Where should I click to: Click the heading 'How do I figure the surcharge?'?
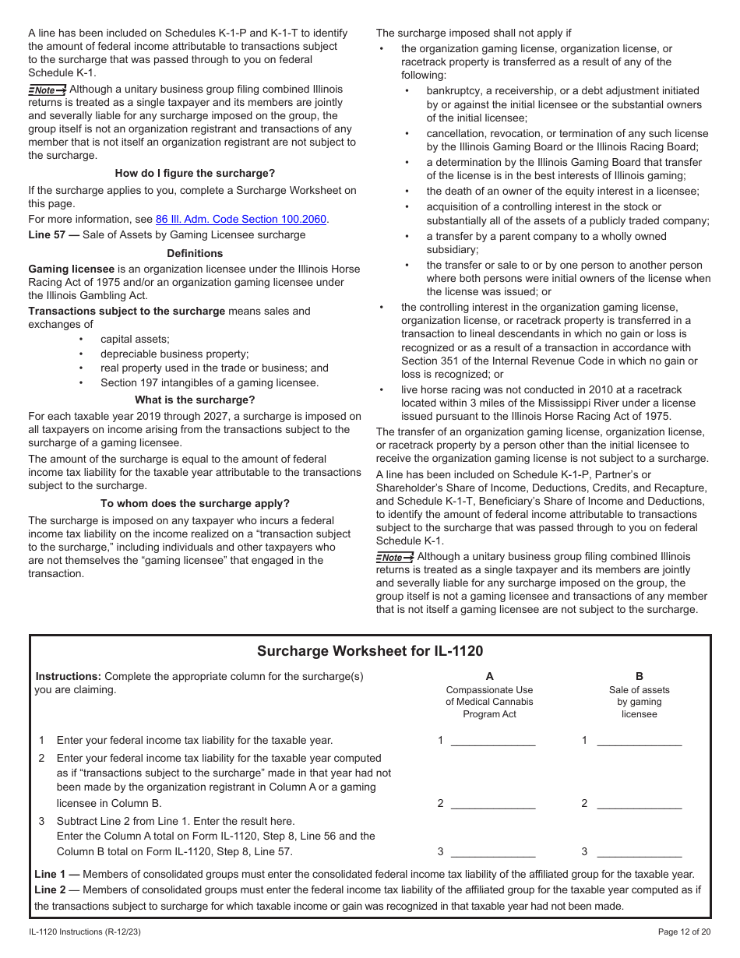[x=195, y=174]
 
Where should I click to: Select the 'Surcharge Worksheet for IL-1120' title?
[x=370, y=651]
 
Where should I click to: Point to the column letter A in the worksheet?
[x=489, y=677]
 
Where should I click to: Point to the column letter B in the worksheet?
[x=640, y=677]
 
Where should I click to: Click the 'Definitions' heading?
[x=195, y=254]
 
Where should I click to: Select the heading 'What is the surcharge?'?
[x=195, y=400]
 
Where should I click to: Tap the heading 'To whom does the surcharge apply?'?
[x=195, y=504]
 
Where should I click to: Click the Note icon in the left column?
[x=47, y=90]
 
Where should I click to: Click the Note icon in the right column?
[x=394, y=558]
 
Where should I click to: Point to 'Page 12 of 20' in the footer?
[x=684, y=932]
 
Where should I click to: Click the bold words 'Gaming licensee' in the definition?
[x=71, y=269]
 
